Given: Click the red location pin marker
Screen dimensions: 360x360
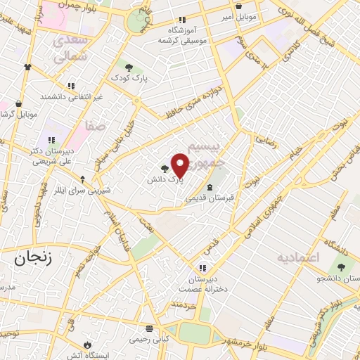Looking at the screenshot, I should point(180,165).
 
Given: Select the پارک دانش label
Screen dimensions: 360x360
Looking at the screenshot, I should point(165,180).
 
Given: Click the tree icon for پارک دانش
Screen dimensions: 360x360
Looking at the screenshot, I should point(165,169).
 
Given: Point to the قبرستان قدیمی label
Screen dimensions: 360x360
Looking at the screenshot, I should point(210,198).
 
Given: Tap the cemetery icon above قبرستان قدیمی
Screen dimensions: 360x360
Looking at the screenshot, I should point(211,187).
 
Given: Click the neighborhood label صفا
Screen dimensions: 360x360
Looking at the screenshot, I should point(96,125).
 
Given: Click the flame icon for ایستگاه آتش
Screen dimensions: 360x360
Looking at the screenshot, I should point(87,345).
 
